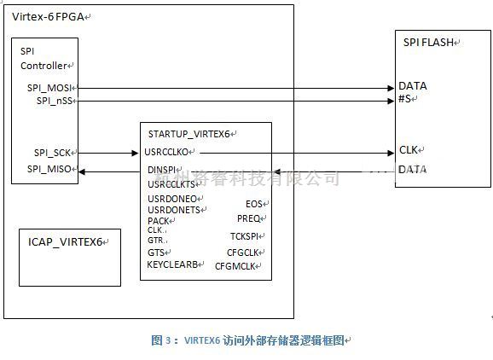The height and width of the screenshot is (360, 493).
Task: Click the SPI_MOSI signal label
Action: (50, 88)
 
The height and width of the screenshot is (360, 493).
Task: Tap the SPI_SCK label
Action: (53, 152)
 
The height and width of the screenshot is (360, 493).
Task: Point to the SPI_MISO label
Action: (50, 169)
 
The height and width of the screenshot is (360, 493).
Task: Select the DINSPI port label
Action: (162, 171)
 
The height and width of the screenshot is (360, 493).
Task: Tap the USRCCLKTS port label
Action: (172, 183)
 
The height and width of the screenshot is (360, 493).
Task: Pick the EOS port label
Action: (254, 204)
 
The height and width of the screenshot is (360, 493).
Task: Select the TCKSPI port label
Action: (246, 235)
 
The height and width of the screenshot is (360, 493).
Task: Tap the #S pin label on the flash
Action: (405, 99)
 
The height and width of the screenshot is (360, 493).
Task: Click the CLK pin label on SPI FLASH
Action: (408, 150)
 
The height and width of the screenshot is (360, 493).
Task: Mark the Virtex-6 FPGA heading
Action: (47, 16)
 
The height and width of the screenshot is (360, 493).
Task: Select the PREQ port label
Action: (250, 219)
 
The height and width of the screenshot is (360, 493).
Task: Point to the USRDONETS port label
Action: (173, 210)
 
